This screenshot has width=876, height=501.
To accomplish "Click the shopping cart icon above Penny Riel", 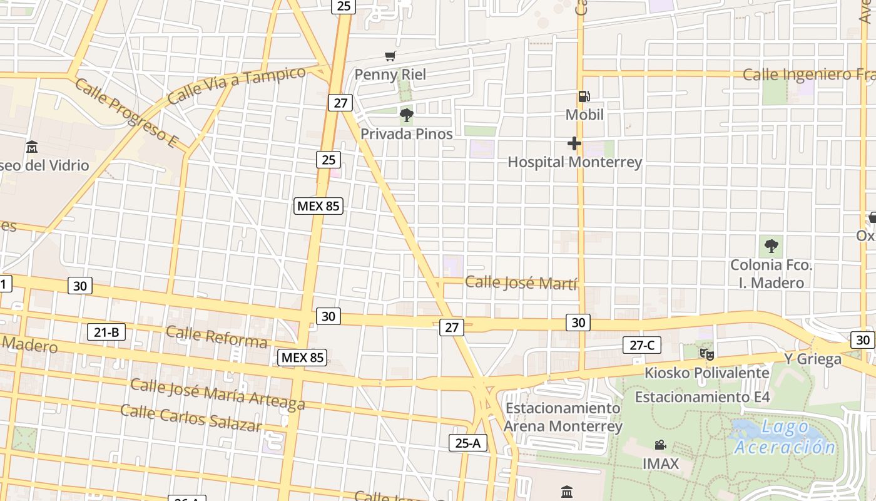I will [x=390, y=56].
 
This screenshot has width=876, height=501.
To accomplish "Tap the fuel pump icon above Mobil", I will [x=584, y=96].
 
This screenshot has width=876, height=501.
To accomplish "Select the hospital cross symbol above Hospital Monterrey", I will [x=574, y=144].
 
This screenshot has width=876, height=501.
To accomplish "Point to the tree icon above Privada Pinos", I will [x=407, y=115].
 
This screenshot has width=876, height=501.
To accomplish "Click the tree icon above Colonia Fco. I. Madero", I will [x=771, y=245].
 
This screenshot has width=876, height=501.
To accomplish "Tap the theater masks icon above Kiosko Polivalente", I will [x=707, y=354].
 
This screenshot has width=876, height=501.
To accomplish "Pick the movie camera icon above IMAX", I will [x=660, y=445].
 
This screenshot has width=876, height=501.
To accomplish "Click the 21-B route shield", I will [x=106, y=332].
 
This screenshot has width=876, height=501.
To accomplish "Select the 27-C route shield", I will [x=642, y=344].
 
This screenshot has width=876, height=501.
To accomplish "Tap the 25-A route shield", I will [x=467, y=443].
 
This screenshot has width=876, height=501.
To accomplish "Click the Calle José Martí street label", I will [x=521, y=282].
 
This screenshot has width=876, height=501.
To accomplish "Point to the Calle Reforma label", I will [x=216, y=337].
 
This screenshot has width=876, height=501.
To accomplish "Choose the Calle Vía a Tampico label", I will [x=237, y=85].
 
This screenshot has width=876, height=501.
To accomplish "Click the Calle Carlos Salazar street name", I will [x=190, y=418].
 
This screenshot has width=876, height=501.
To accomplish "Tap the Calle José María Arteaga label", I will [x=218, y=393].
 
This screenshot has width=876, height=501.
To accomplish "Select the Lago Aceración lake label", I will [x=785, y=438].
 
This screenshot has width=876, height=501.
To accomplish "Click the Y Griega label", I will [x=813, y=359].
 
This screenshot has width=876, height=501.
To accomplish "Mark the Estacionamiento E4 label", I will [x=702, y=397].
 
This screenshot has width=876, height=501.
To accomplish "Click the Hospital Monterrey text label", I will [x=574, y=162].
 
